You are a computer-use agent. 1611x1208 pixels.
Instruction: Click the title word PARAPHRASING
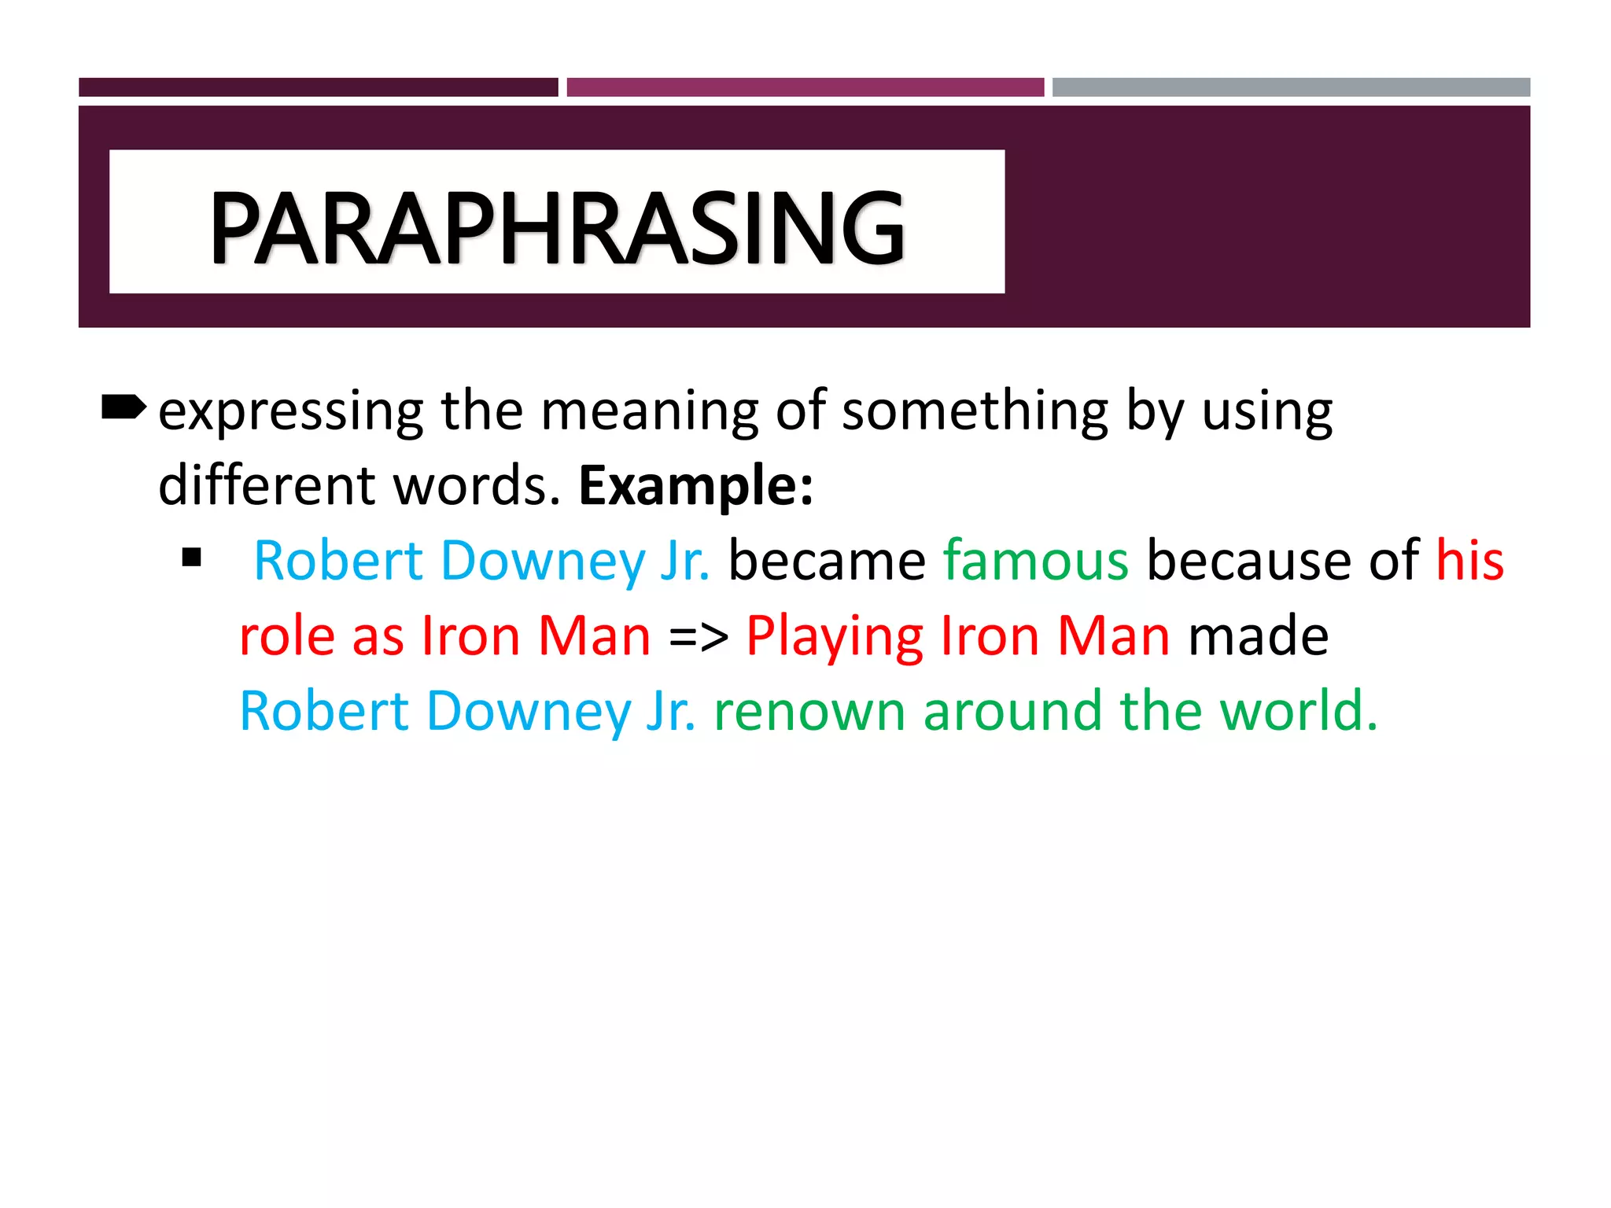557,227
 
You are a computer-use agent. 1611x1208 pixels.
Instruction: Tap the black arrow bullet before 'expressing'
123,407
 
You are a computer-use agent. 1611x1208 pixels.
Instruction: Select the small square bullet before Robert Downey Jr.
191,558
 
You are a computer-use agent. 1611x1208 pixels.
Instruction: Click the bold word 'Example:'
696,485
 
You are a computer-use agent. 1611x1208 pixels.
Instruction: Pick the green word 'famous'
1035,561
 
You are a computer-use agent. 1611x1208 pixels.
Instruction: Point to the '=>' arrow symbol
699,636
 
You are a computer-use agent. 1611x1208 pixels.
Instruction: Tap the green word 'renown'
809,711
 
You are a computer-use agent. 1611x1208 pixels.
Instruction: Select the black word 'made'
1258,636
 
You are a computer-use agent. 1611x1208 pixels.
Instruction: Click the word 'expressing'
290,411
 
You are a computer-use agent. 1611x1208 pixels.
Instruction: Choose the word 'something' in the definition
975,411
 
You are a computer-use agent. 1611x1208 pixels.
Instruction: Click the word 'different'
267,485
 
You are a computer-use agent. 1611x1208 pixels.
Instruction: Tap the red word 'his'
1469,561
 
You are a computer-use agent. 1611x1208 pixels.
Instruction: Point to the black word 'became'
827,561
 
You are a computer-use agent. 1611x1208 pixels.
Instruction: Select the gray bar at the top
1291,87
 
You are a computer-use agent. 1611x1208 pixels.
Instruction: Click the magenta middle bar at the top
805,87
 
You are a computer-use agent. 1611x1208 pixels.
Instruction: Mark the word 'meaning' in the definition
649,411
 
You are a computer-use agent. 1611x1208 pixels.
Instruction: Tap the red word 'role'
287,636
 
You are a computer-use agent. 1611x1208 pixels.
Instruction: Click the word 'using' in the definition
1266,411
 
